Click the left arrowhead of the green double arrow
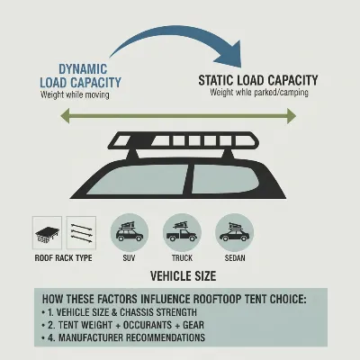point(67,114)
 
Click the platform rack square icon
point(47,232)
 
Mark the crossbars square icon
point(82,232)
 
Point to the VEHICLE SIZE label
point(180,274)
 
